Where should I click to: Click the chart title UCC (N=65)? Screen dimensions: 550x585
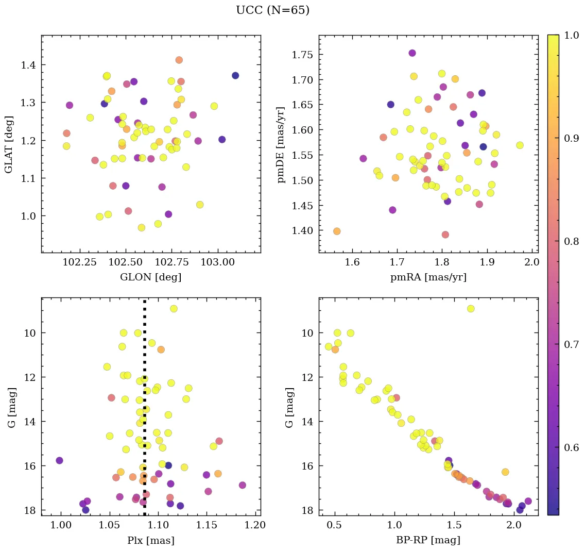[272, 10]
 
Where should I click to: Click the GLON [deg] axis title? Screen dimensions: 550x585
[150, 277]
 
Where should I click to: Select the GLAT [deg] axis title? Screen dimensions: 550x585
[9, 144]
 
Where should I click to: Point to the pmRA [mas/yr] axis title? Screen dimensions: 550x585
[428, 277]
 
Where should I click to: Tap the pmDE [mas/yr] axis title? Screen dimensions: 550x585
[281, 144]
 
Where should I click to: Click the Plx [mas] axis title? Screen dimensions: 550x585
[150, 540]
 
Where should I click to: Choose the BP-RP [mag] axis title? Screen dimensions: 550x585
[428, 540]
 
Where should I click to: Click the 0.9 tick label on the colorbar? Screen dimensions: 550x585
[571, 139]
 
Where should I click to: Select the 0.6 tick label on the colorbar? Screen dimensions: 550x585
[571, 447]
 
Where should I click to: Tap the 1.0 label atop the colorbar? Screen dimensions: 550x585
[571, 36]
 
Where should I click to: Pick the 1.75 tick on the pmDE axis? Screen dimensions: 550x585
[303, 55]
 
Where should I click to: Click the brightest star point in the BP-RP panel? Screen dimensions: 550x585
[471, 309]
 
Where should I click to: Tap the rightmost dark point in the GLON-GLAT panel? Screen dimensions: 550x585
[235, 76]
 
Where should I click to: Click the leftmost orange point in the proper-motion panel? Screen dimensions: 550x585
[337, 231]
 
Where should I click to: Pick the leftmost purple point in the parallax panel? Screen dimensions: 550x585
[59, 460]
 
